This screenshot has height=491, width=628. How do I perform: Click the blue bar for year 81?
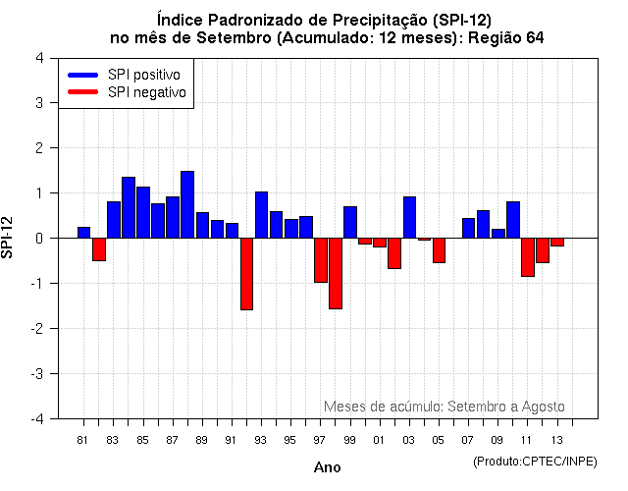[83, 233]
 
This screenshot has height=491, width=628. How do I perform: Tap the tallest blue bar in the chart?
[187, 204]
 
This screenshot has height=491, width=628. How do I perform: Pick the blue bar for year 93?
[261, 215]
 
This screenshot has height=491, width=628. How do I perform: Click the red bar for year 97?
[320, 260]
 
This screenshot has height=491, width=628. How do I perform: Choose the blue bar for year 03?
[409, 217]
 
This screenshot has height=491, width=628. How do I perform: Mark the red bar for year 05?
[439, 250]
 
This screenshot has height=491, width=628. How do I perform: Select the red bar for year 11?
[527, 257]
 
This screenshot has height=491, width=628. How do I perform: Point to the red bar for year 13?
[556, 242]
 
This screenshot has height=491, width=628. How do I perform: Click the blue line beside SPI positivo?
[82, 75]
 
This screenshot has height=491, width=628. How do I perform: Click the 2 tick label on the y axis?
[39, 148]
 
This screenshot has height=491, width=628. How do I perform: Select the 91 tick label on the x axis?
[231, 440]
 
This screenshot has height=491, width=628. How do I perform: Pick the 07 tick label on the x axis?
[468, 440]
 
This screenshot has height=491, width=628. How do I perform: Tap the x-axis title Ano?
[327, 467]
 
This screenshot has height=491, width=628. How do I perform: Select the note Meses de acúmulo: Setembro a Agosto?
[444, 406]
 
